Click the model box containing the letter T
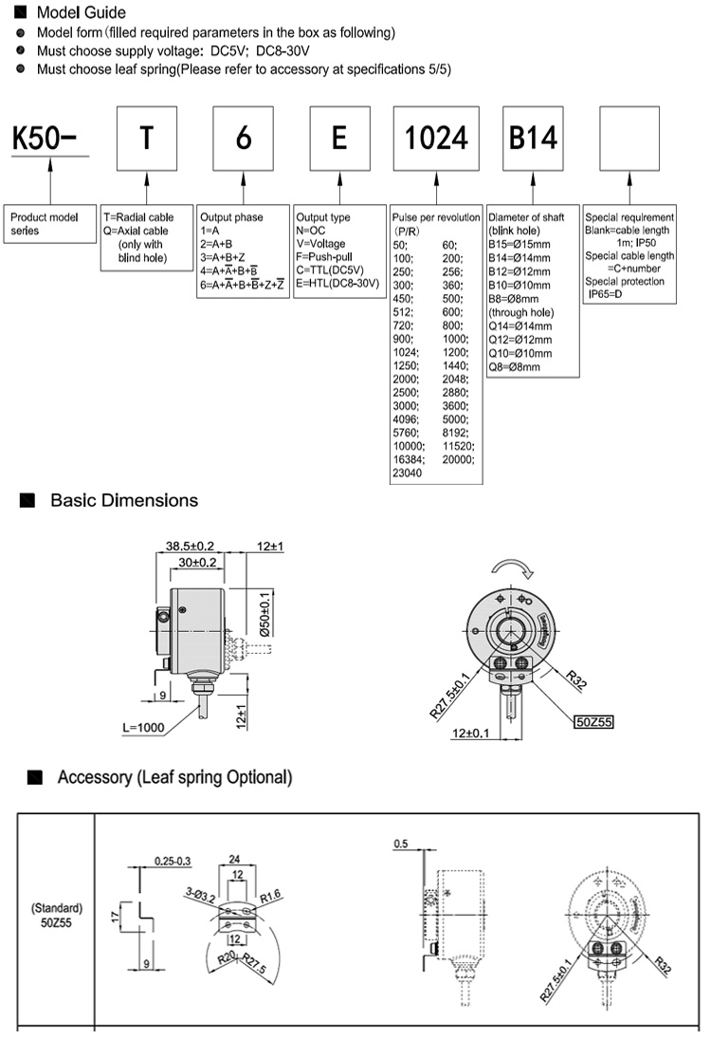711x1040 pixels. click(x=146, y=139)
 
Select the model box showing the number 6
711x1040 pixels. click(x=244, y=139)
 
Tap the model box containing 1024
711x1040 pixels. click(x=437, y=139)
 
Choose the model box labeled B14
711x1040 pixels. click(x=534, y=139)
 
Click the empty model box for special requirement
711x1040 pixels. click(x=630, y=139)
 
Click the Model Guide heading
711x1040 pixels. click(x=80, y=13)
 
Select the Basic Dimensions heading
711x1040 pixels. click(x=124, y=500)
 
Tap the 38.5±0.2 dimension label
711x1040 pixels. click(x=191, y=547)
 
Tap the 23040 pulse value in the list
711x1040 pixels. click(x=410, y=472)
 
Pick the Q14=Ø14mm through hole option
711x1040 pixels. click(x=519, y=326)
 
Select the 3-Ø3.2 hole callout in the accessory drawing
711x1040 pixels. click(x=199, y=892)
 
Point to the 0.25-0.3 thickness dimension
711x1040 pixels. click(x=173, y=861)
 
